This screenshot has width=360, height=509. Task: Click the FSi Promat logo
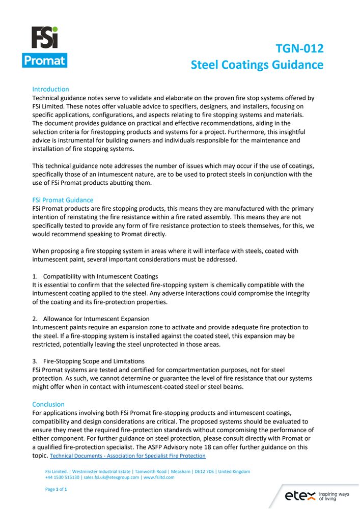[x=45, y=47]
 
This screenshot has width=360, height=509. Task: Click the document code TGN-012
[x=299, y=49]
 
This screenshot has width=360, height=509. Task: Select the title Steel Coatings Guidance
[x=257, y=65]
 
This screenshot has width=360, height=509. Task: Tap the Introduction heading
[x=50, y=89]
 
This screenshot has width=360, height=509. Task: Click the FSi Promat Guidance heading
[x=63, y=200]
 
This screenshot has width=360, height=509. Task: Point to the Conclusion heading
[x=48, y=404]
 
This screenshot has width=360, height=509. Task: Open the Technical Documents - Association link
[x=128, y=456]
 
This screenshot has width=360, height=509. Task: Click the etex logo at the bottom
[x=299, y=496]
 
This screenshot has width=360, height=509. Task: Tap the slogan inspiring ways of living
[x=334, y=496]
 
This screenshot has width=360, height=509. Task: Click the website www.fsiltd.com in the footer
[x=159, y=477]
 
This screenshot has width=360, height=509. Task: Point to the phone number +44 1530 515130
[x=63, y=477]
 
